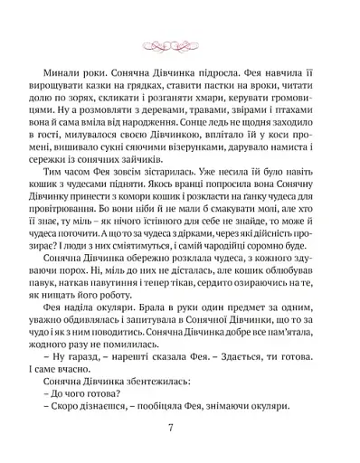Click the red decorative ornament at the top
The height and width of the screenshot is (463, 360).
tap(180, 42)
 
